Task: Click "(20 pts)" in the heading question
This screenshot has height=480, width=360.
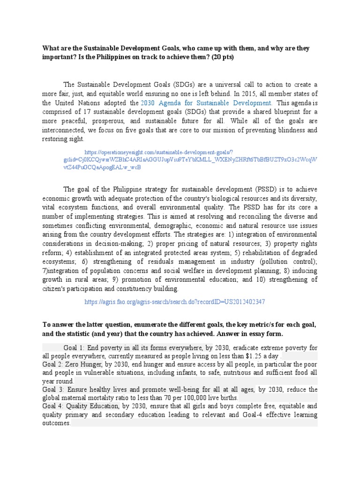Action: pyautogui.click(x=221, y=57)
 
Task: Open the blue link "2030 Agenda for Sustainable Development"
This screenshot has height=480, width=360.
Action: pyautogui.click(x=206, y=103)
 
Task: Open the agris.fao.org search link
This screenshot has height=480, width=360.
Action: pyautogui.click(x=174, y=302)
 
